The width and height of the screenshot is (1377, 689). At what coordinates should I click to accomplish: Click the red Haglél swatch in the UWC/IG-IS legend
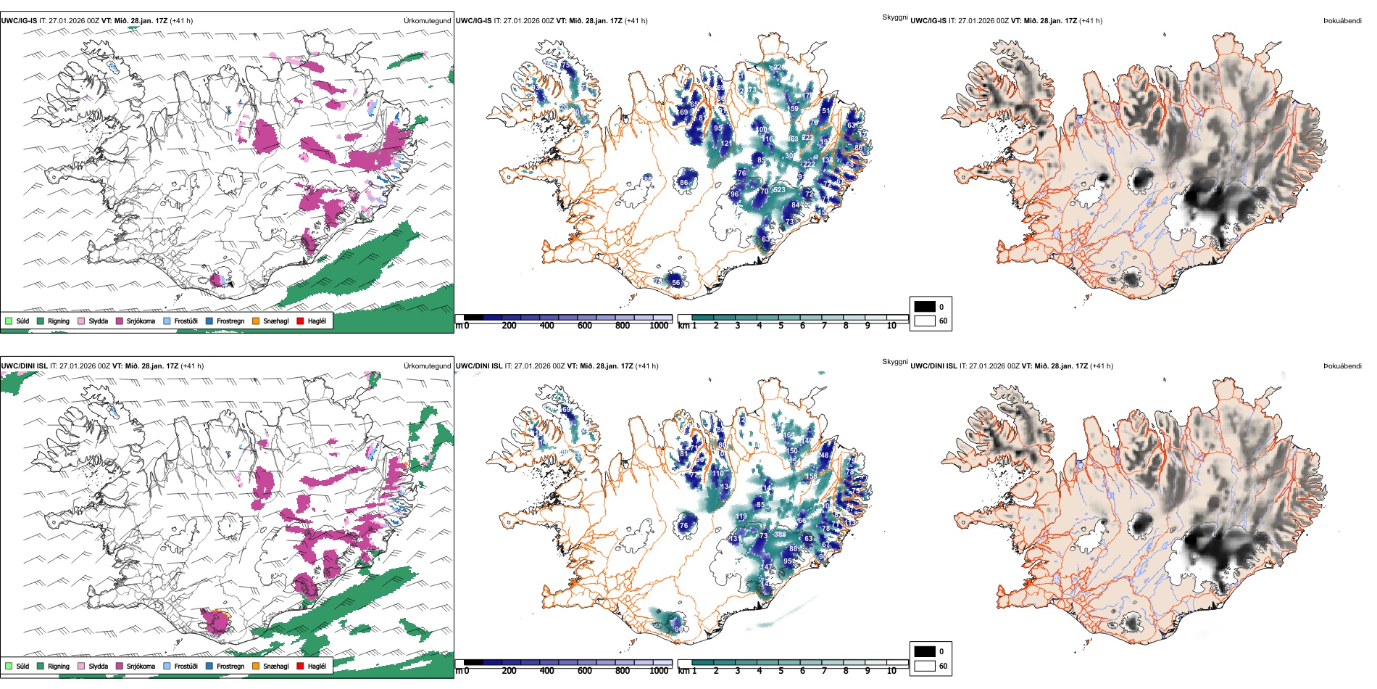point(300,321)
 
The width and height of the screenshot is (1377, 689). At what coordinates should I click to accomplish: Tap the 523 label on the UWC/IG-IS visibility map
point(779,190)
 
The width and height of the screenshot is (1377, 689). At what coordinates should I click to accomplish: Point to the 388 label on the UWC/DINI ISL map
point(780,535)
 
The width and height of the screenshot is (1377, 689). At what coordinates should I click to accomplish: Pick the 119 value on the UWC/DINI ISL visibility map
point(741,516)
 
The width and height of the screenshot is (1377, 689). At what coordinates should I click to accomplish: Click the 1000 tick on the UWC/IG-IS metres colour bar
point(659,326)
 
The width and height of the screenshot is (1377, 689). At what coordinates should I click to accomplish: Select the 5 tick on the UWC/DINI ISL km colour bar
point(781,671)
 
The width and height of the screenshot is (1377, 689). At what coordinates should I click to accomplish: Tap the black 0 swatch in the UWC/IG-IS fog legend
point(925,307)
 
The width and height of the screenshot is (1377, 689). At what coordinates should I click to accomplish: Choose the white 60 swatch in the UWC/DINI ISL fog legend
point(925,666)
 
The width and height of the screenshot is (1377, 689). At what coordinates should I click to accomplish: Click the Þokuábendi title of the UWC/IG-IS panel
point(1342,21)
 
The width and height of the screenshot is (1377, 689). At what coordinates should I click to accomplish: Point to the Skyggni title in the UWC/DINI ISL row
point(895,362)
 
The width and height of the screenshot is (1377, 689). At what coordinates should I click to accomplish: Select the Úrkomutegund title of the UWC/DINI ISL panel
point(428,366)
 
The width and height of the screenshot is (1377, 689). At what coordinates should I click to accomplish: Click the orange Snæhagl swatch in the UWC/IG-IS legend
point(256,321)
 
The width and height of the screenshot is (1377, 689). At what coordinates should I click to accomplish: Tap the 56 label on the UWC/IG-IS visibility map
point(676,283)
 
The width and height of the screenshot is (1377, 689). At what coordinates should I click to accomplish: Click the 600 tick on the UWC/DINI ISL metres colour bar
point(585,671)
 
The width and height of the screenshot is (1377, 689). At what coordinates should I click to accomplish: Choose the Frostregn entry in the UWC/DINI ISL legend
point(230,666)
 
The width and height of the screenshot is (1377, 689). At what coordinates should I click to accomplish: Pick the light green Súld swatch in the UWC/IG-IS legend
point(9,321)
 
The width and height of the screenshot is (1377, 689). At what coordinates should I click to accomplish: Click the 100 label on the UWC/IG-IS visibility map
point(762,130)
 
